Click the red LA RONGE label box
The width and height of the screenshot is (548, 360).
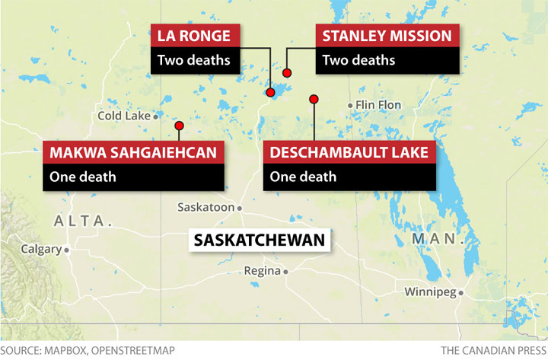click(196, 36)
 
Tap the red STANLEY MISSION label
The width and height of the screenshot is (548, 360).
click(387, 36)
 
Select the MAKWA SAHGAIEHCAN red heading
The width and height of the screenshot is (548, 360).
click(133, 152)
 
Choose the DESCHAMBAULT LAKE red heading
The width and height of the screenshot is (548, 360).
click(350, 152)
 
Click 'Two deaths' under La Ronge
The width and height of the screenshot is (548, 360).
click(194, 60)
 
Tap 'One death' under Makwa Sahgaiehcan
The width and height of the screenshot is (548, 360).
click(83, 177)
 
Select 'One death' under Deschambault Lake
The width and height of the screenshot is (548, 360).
click(303, 177)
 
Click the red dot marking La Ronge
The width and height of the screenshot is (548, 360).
click(269, 92)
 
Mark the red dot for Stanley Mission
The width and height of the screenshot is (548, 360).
click(287, 73)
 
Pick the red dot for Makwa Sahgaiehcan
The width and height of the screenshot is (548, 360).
click(179, 126)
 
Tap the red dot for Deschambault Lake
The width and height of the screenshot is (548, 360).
click(313, 99)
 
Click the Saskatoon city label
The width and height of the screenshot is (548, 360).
click(205, 207)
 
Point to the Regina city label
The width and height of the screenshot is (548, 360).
click(262, 271)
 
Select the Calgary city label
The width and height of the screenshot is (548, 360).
click(40, 249)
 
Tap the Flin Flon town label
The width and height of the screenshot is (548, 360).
click(378, 105)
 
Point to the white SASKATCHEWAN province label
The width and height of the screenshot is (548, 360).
click(260, 241)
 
